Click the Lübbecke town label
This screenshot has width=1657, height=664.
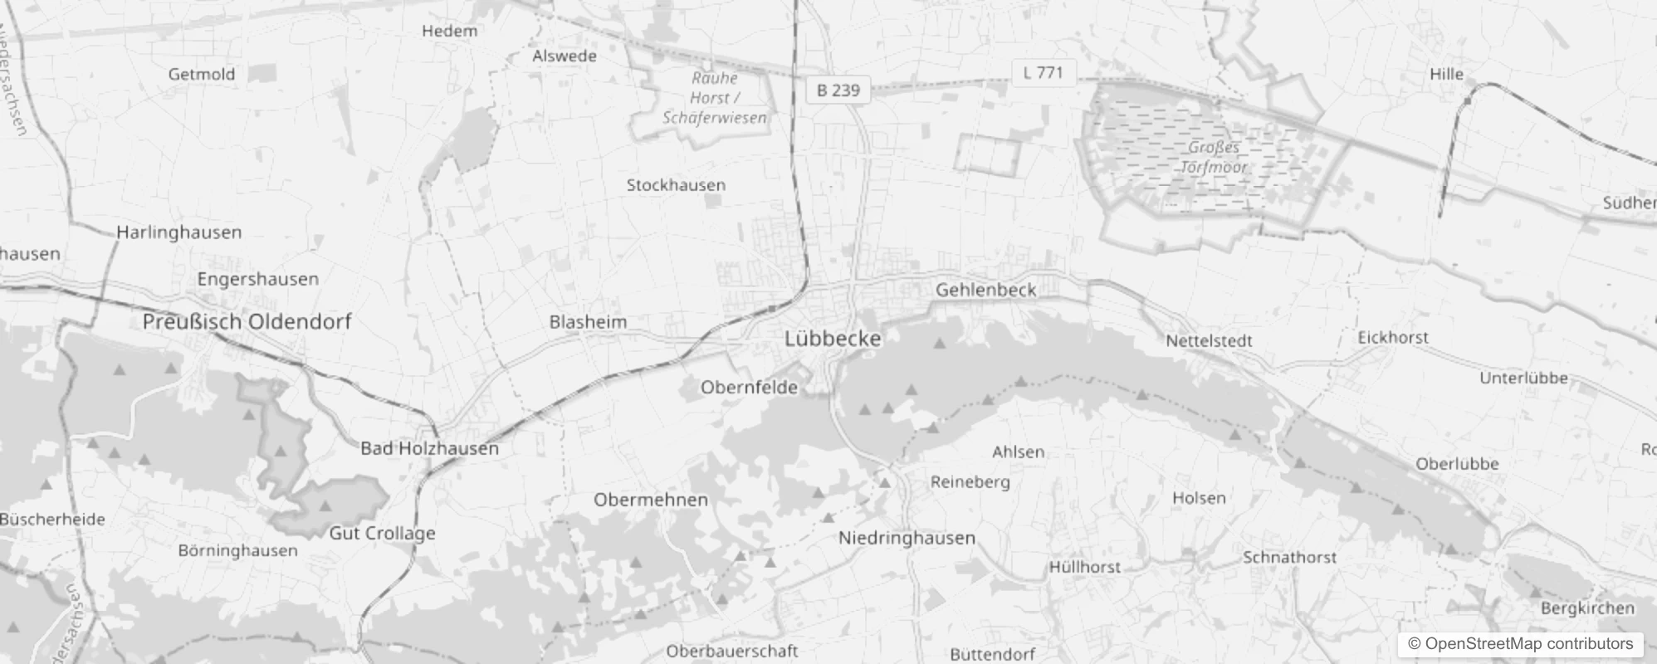(x=833, y=339)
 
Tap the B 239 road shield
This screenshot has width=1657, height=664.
(x=838, y=90)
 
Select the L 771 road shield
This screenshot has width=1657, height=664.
(x=1043, y=72)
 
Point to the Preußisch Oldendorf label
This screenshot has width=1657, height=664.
(x=247, y=321)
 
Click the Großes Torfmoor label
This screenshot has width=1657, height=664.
(x=1214, y=157)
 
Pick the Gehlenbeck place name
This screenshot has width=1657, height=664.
(x=985, y=290)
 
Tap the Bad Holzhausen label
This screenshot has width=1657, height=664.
(x=429, y=448)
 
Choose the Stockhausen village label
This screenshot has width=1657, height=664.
(x=676, y=185)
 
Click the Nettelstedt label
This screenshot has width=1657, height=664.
(x=1209, y=340)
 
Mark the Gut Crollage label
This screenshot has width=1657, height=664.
(x=382, y=533)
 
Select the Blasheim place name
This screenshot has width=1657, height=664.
(x=588, y=321)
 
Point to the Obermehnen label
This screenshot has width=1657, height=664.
(x=651, y=500)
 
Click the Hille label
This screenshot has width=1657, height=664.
(x=1446, y=74)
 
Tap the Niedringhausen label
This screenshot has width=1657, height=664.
(x=907, y=538)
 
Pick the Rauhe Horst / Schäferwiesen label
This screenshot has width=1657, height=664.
(x=714, y=98)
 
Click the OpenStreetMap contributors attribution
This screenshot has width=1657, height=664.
(x=1519, y=643)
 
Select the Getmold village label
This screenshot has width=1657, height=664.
(x=201, y=74)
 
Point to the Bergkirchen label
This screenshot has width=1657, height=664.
(x=1587, y=608)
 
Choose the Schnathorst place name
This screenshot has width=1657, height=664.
(x=1289, y=557)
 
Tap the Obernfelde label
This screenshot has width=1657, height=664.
(x=749, y=387)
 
